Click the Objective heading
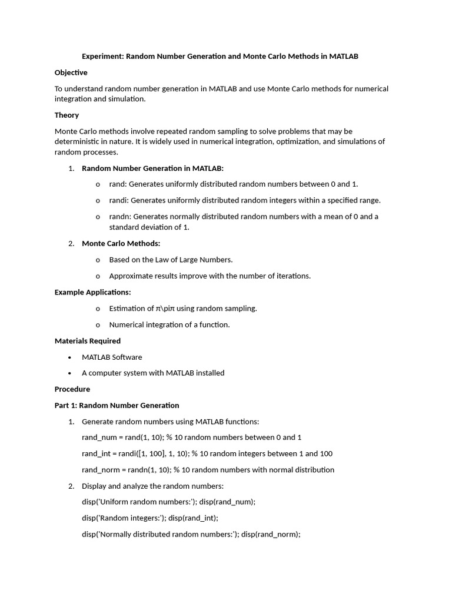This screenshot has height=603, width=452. point(71,72)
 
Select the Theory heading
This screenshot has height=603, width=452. point(67,115)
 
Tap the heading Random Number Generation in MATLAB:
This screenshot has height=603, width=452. point(152,168)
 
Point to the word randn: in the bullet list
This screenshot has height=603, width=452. point(120,216)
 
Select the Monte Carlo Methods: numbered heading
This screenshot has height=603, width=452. point(121,243)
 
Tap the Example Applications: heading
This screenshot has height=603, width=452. point(92,292)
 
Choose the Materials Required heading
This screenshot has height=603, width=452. point(87,341)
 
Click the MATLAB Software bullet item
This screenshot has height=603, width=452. point(112,357)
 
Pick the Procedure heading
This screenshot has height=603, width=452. point(72,389)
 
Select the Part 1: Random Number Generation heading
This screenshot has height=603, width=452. point(117,405)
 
